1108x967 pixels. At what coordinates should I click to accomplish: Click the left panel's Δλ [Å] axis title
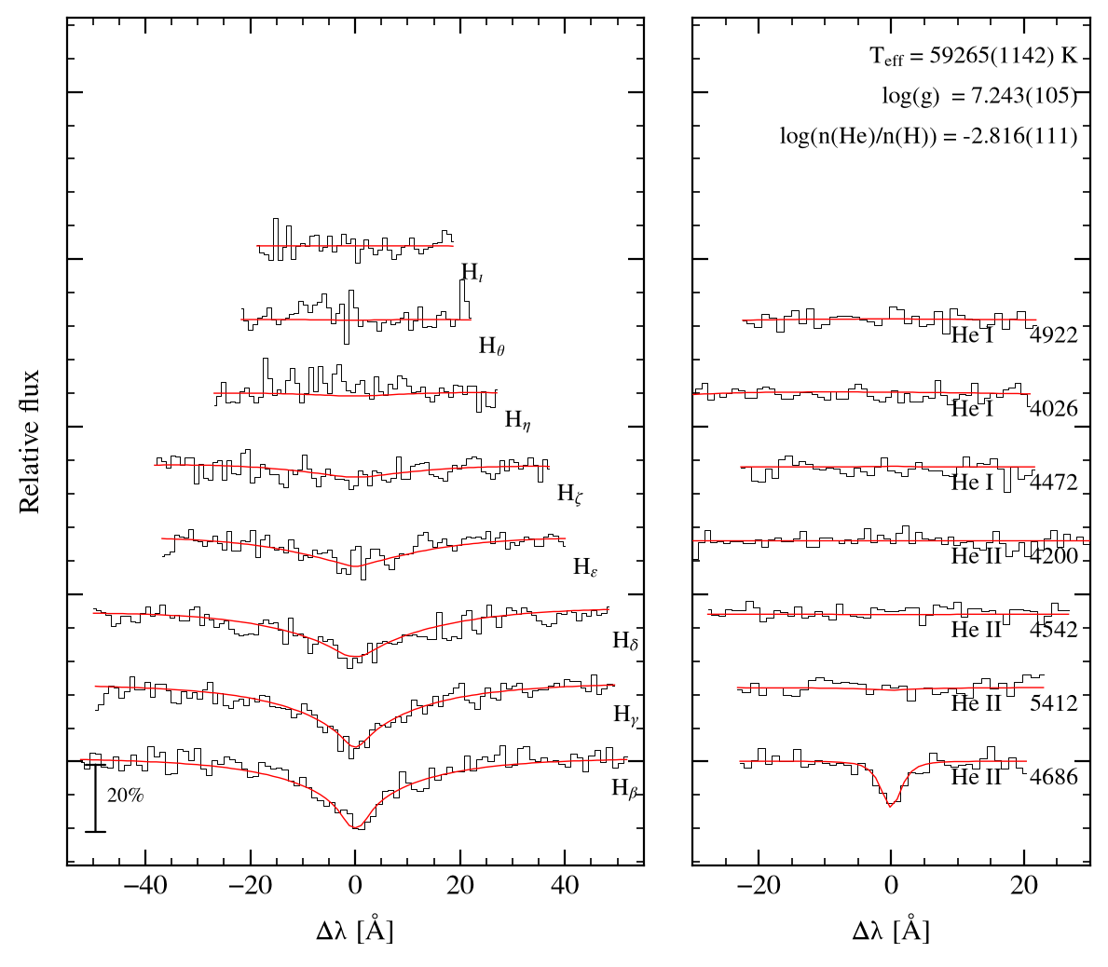pos(355,931)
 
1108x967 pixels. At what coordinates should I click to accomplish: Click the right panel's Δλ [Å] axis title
pos(891,931)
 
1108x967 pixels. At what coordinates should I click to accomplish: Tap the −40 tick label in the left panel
pos(144,885)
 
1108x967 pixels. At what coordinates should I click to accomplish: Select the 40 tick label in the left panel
pos(565,885)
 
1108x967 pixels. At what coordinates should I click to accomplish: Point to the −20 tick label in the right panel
pos(758,885)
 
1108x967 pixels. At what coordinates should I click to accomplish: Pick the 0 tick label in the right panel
pos(891,885)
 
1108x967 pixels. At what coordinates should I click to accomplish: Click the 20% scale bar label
pos(125,796)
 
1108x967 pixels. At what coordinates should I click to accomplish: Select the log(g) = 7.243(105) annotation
pos(979,95)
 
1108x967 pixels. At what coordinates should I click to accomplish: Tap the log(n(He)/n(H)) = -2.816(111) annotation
pos(928,135)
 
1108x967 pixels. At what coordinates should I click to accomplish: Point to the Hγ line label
pos(626,715)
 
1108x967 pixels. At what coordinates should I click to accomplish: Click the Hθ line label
pos(492,346)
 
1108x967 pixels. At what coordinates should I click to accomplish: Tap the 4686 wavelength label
pos(1054,777)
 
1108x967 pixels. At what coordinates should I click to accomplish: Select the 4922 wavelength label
pos(1054,334)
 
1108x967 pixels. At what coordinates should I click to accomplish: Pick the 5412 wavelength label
pos(1054,702)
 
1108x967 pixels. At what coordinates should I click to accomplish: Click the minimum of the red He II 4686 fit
pos(890,805)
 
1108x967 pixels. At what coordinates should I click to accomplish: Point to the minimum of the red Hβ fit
pos(355,827)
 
